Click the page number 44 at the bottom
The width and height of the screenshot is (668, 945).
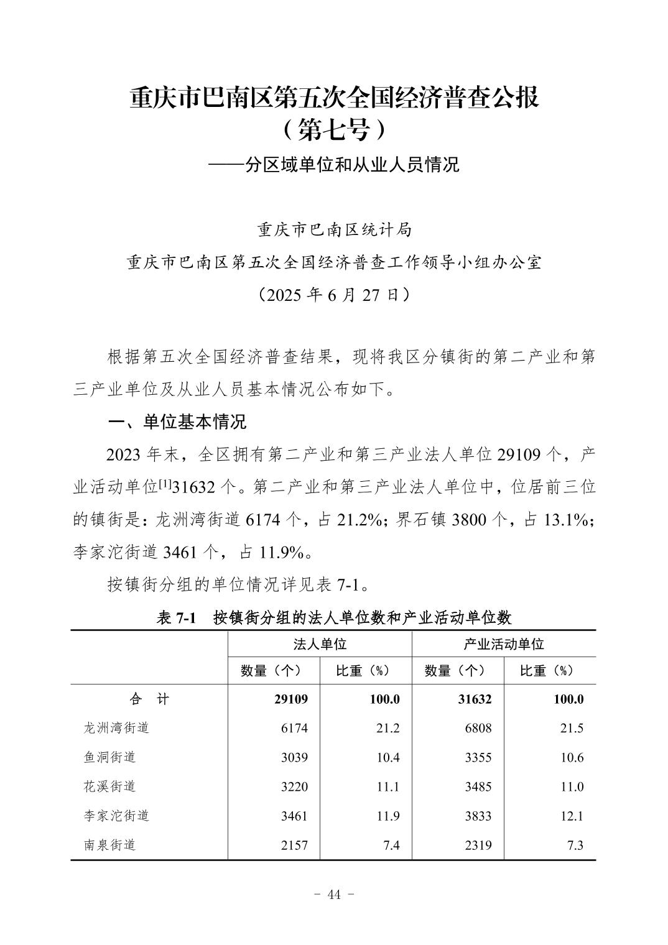tap(334, 895)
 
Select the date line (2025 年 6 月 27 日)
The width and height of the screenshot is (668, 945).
tap(334, 295)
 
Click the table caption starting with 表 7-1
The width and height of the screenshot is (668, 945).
tap(334, 617)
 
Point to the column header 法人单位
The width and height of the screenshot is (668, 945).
tap(320, 644)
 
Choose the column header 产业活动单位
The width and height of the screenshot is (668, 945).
tap(503, 644)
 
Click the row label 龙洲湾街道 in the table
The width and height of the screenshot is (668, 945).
tap(116, 728)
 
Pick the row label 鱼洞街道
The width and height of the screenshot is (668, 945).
tap(109, 757)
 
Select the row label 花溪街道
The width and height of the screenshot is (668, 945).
tap(109, 786)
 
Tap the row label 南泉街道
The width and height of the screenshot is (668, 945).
tap(109, 845)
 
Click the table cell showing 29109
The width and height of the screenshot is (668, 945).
tap(291, 699)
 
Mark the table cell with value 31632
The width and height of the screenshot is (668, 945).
tap(475, 699)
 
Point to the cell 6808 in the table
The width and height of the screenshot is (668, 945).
tap(478, 728)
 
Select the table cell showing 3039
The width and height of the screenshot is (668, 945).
tap(294, 757)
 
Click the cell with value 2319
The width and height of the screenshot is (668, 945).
tap(478, 845)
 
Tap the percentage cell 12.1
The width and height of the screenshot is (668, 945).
tap(572, 816)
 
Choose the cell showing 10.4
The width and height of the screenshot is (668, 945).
tap(387, 757)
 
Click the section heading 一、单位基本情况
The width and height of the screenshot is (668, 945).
tap(177, 422)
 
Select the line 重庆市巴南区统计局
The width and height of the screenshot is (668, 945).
tap(334, 230)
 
